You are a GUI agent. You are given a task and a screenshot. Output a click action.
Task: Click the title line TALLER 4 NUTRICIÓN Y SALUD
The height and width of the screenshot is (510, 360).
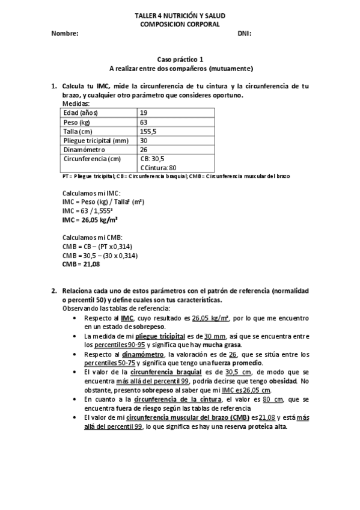pos(180,16)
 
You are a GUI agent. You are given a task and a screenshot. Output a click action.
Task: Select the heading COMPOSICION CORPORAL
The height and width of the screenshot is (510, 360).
pos(180,24)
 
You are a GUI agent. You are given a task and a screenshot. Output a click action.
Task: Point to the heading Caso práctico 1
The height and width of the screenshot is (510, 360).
pos(180,60)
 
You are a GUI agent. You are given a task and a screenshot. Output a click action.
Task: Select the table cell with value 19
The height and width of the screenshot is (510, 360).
pos(144,112)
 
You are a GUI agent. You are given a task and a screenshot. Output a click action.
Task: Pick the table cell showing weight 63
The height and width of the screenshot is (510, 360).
pos(144,122)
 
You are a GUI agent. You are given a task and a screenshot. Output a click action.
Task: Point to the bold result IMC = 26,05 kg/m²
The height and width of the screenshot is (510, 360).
pos(90,220)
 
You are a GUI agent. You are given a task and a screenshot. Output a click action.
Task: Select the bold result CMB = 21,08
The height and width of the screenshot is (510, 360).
pos(81,264)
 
